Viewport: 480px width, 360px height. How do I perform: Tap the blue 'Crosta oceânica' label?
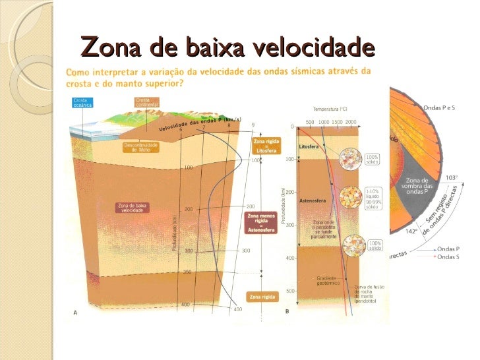84,103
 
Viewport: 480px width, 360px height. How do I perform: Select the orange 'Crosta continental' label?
146,103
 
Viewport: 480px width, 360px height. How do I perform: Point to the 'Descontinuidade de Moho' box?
140,147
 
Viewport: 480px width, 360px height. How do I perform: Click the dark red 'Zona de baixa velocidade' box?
133,208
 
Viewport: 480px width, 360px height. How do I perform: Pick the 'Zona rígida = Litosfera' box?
262,146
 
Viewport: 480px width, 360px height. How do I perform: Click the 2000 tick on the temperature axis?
350,122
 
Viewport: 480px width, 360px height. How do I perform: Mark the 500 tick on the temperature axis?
310,122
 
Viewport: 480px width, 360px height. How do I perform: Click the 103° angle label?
452,177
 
